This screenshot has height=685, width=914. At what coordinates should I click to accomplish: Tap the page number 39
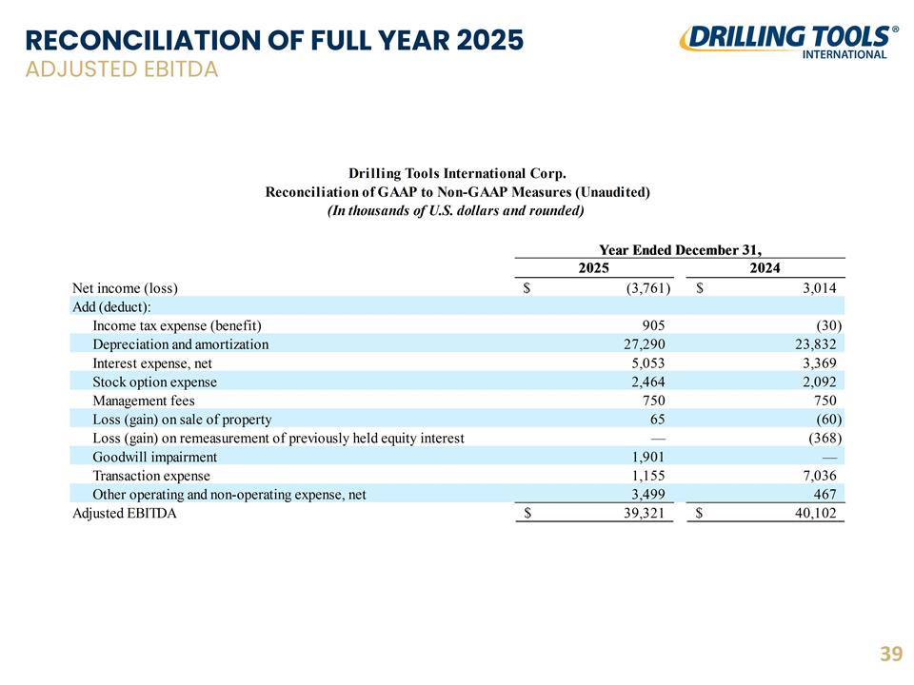click(x=891, y=654)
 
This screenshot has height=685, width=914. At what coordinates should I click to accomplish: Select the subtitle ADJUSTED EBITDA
click(x=122, y=69)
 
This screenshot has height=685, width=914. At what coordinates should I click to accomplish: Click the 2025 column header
click(x=593, y=268)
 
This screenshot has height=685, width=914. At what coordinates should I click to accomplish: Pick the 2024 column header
click(x=765, y=268)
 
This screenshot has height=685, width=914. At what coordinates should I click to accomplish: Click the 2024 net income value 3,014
click(x=819, y=287)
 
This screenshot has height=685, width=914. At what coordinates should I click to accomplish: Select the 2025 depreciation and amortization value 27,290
click(x=645, y=344)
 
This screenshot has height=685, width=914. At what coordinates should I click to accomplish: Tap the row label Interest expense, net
click(x=152, y=363)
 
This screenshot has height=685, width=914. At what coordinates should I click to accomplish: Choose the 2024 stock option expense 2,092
click(x=816, y=382)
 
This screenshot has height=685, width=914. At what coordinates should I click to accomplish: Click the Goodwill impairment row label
click(x=154, y=458)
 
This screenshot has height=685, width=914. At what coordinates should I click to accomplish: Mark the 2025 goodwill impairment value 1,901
click(x=647, y=458)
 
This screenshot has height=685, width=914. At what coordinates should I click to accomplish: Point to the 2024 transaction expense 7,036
click(x=819, y=476)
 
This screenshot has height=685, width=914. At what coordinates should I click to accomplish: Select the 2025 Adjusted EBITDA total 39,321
click(x=645, y=513)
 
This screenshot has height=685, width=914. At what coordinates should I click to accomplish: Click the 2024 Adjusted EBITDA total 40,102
click(x=816, y=513)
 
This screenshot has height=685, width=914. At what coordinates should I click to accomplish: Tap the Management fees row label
click(x=144, y=401)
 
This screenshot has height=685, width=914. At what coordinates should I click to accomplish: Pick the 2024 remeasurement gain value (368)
click(x=825, y=438)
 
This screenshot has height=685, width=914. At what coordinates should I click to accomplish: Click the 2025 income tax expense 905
click(x=653, y=325)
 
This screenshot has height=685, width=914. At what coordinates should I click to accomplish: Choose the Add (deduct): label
click(x=111, y=307)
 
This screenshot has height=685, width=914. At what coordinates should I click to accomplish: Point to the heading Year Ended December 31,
click(x=680, y=250)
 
